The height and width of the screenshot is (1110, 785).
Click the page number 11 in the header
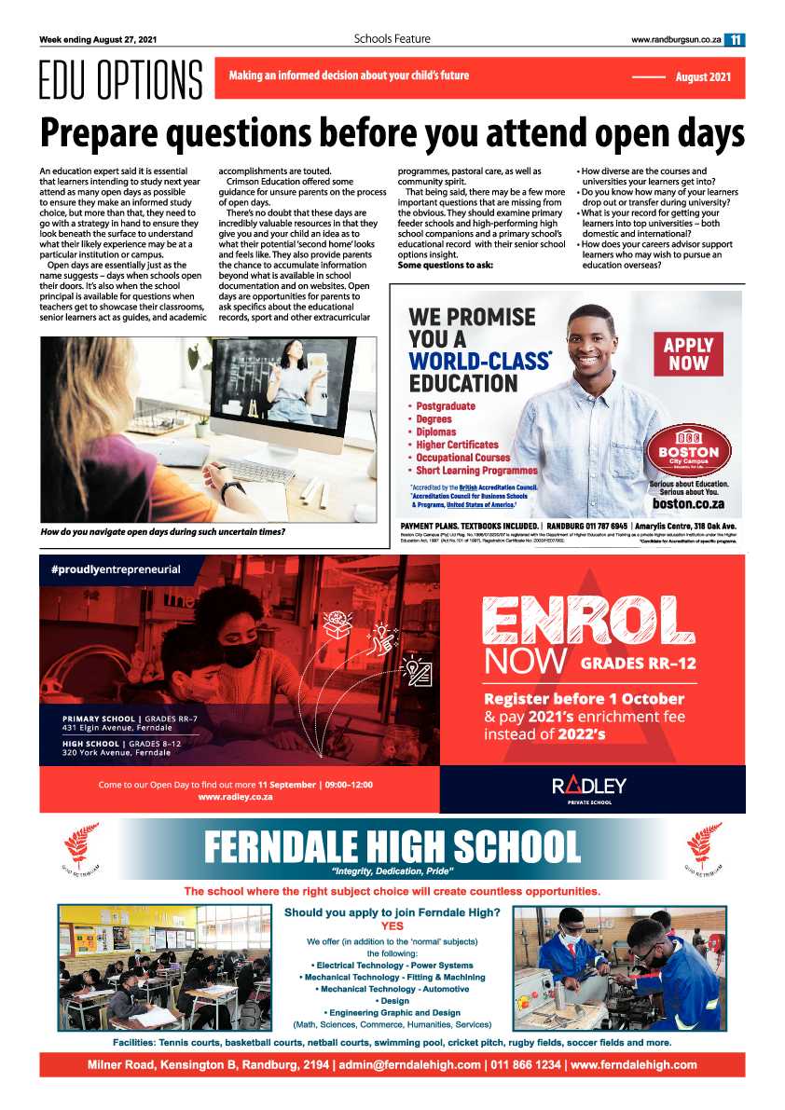pos(736,39)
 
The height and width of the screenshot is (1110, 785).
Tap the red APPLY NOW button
pos(687,353)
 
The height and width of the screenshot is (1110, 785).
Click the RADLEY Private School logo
pos(589,786)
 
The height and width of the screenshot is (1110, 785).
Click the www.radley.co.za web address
pos(235,798)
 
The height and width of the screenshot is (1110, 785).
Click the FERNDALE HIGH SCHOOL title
pos(392,846)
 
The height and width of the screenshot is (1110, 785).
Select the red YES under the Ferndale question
pos(392,926)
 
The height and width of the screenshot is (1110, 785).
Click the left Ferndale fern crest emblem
pos(80,845)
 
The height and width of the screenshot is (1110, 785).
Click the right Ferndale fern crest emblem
pos(703,845)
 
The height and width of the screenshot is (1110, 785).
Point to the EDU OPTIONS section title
pos(120,80)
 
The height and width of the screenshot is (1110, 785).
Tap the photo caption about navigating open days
pos(162,532)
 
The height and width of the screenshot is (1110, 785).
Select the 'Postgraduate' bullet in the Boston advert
pos(445,406)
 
